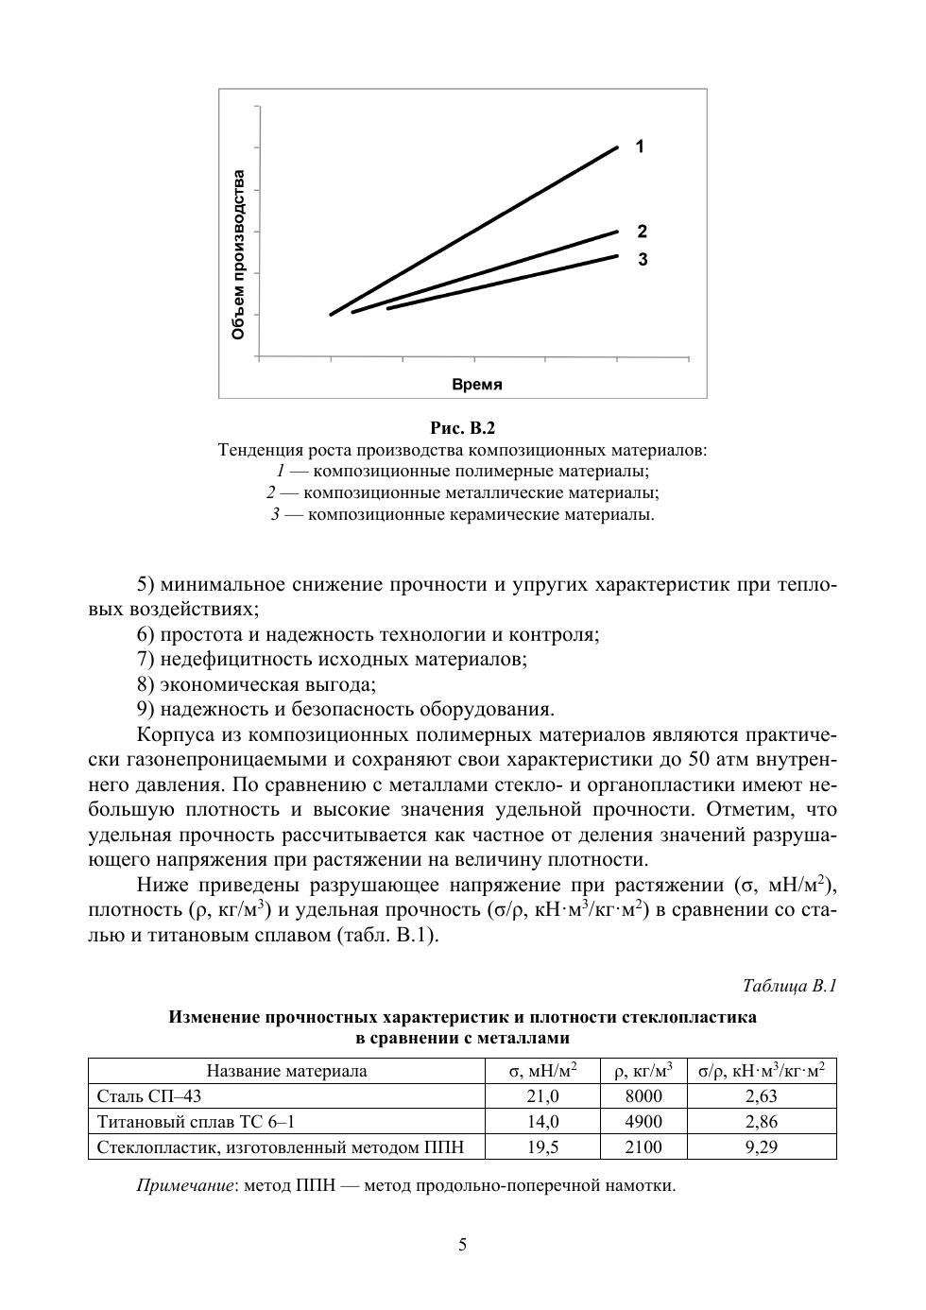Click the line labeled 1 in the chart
click(x=472, y=232)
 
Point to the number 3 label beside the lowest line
click(x=643, y=259)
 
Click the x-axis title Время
click(x=476, y=385)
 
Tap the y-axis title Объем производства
click(x=239, y=255)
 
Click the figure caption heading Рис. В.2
click(x=462, y=427)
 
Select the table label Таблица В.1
click(x=790, y=986)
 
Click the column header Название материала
click(x=286, y=1071)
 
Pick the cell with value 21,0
click(x=542, y=1096)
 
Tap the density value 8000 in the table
click(x=643, y=1096)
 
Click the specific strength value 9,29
click(x=761, y=1147)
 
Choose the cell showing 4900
click(x=643, y=1122)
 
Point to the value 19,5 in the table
click(x=542, y=1147)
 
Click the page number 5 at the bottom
click(x=462, y=1244)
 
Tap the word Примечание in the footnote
click(x=184, y=1185)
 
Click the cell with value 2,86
click(x=761, y=1122)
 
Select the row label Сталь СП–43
click(x=149, y=1096)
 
